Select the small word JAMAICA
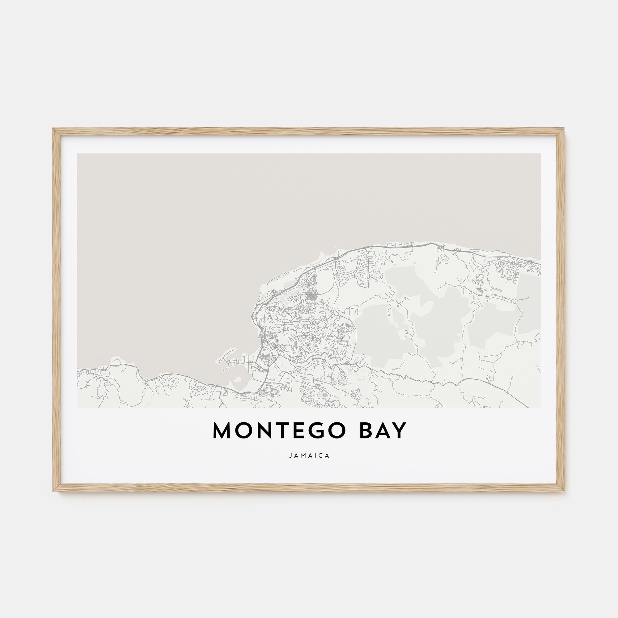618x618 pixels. point(309,456)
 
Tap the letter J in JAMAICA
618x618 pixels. point(290,456)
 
